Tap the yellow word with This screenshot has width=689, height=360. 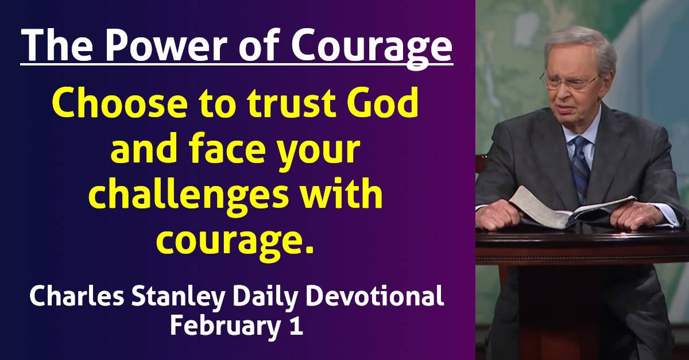(350, 195)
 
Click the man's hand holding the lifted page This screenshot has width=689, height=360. (500, 216)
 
